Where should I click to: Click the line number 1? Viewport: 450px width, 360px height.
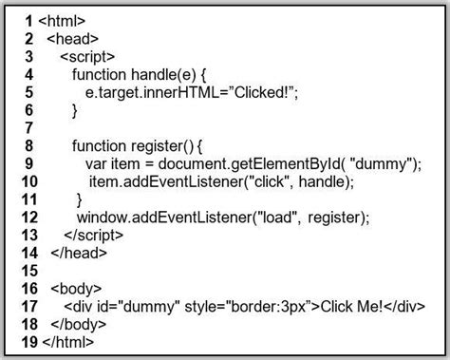pyautogui.click(x=28, y=20)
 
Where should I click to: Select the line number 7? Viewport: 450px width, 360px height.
pyautogui.click(x=28, y=128)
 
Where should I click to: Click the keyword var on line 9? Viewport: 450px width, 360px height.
pyautogui.click(x=98, y=163)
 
